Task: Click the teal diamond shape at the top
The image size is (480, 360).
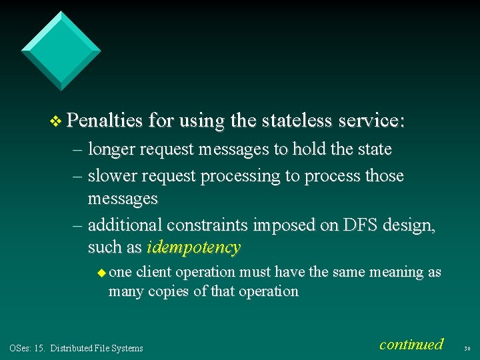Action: pyautogui.click(x=61, y=50)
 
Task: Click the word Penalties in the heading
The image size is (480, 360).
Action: pyautogui.click(x=105, y=121)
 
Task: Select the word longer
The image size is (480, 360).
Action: pyautogui.click(x=112, y=149)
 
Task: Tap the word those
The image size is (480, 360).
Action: pyautogui.click(x=382, y=176)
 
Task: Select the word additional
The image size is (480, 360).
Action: pyautogui.click(x=124, y=225)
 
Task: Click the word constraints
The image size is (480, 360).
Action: pyautogui.click(x=206, y=225)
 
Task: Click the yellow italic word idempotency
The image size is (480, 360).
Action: pyautogui.click(x=193, y=247)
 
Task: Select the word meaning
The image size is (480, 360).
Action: pyautogui.click(x=396, y=272)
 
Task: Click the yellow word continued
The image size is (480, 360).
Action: pyautogui.click(x=411, y=344)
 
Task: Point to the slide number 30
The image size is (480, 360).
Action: pyautogui.click(x=467, y=347)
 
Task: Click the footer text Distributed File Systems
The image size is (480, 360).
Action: pyautogui.click(x=97, y=348)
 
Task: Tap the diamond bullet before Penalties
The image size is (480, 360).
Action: pyautogui.click(x=56, y=121)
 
